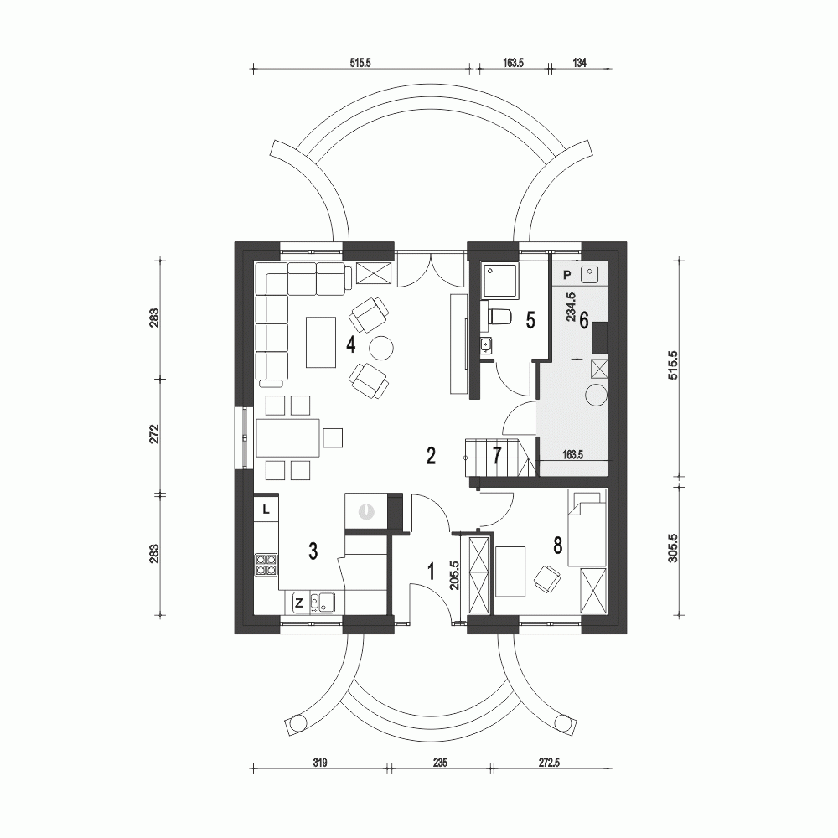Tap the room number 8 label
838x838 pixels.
[x=558, y=544]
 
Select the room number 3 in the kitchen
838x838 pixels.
[x=312, y=551]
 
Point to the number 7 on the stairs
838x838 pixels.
[x=497, y=455]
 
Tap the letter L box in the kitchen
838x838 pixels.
[x=266, y=508]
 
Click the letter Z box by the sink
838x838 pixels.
[x=297, y=601]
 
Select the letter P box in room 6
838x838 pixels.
[x=566, y=274]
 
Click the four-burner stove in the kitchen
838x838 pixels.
[x=266, y=565]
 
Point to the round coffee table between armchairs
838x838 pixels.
[x=382, y=347]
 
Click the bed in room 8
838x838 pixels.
[x=586, y=528]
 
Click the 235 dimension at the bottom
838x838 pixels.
[x=441, y=762]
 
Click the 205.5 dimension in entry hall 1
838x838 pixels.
[x=453, y=577]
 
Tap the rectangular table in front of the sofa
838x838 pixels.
[x=322, y=341]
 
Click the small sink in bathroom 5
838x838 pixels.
[x=485, y=344]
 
